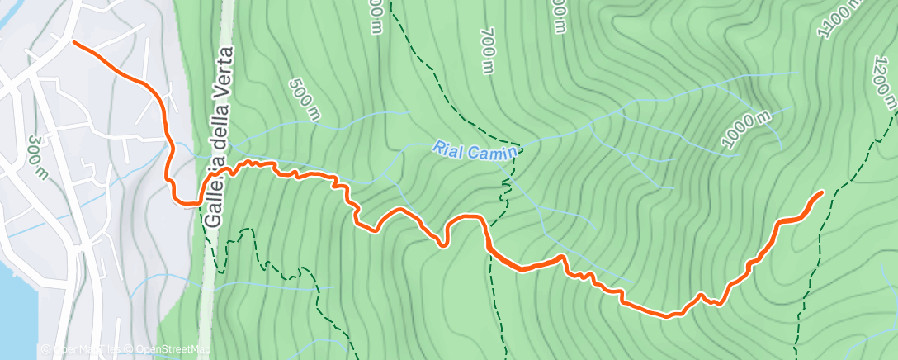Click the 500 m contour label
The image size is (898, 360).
[x=305, y=99]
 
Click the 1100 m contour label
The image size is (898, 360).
[x=839, y=18]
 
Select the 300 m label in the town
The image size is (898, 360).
[x=35, y=157]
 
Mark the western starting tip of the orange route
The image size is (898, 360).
[x=75, y=41]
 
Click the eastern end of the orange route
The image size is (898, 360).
[x=821, y=192]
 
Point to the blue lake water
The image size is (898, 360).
[x=17, y=314]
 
